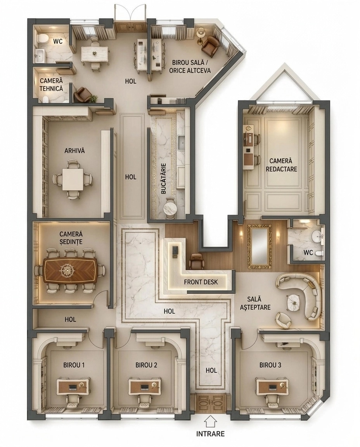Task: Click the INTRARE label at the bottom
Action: click(210, 433)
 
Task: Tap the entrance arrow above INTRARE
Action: click(210, 421)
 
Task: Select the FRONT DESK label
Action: click(201, 282)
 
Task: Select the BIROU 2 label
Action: click(146, 365)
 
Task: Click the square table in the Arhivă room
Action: click(73, 179)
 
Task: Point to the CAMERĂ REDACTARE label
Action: click(281, 165)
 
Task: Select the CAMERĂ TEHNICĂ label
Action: click(51, 85)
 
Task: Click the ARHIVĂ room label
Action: click(74, 151)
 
